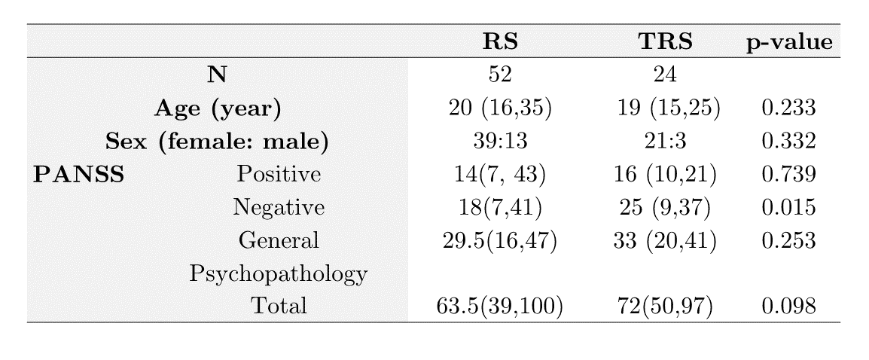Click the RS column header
(500, 41)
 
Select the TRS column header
(665, 41)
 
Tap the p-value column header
(788, 42)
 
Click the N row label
(217, 75)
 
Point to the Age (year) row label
(217, 108)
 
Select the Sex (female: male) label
(217, 142)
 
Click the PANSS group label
(78, 175)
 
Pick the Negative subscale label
(278, 207)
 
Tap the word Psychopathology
(278, 274)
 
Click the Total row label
(278, 306)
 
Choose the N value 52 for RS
(500, 75)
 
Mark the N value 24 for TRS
(665, 75)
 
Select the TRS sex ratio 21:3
(665, 142)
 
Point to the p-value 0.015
(788, 207)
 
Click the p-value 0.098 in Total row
(788, 306)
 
